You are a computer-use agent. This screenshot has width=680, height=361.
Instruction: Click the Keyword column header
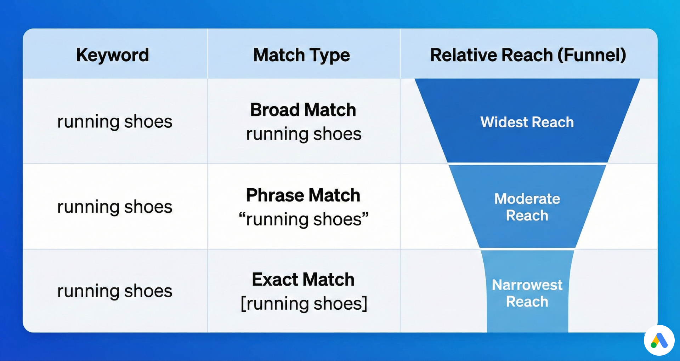(112, 55)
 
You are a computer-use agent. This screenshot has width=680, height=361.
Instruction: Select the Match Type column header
(301, 55)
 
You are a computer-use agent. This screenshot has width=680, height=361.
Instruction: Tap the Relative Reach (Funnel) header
(528, 55)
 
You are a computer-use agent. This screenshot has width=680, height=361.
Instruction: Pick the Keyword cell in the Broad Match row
(115, 122)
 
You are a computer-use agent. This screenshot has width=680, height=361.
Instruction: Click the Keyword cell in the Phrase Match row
(115, 207)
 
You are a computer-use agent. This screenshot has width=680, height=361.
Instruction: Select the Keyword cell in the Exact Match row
(115, 291)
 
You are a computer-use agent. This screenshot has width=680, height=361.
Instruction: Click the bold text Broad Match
(303, 110)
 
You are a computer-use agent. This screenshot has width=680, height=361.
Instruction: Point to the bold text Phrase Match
(303, 195)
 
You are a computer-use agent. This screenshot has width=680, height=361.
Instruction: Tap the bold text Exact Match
(303, 280)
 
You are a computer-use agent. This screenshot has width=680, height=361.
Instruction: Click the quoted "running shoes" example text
(304, 219)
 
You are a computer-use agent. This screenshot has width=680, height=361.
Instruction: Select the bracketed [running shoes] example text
(304, 303)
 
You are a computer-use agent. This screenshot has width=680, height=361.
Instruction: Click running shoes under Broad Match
(304, 134)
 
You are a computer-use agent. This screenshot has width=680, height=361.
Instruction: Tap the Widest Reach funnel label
(527, 122)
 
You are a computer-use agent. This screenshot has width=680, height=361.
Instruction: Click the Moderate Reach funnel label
(527, 207)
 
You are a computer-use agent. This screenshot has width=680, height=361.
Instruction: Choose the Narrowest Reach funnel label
(527, 293)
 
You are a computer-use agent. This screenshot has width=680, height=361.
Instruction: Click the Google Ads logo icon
(659, 340)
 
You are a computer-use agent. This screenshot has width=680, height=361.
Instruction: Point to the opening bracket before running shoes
(243, 304)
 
